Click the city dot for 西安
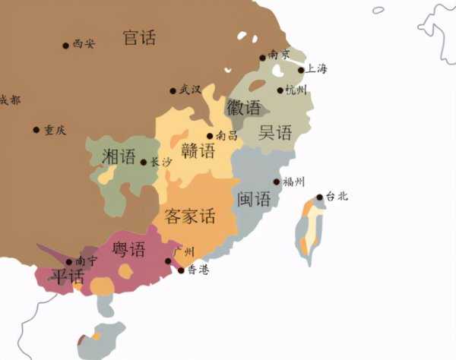(66, 46)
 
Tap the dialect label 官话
(139, 37)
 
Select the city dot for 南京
(263, 57)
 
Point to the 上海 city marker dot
(301, 71)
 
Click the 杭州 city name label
(296, 91)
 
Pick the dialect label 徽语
(243, 109)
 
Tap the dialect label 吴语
(275, 133)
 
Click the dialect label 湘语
(119, 156)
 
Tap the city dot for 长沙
(144, 162)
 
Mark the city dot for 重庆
(36, 130)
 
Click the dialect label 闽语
(254, 200)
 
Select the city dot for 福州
(277, 182)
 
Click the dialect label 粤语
(128, 249)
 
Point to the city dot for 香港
(181, 270)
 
